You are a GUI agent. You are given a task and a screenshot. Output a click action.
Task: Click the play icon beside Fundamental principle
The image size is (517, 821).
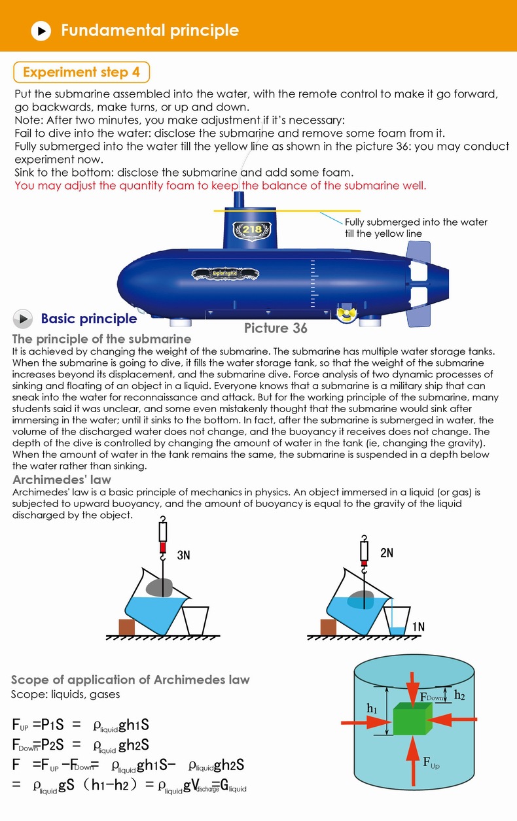coord(41,30)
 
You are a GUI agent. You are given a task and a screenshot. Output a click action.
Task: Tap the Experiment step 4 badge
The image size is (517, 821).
coord(82,72)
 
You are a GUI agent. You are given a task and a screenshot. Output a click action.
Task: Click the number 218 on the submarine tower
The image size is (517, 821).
coord(252,230)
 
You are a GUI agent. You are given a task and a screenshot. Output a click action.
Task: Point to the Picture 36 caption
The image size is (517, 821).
coord(276,328)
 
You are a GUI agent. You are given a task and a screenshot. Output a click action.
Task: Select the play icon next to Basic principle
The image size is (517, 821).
coord(23,319)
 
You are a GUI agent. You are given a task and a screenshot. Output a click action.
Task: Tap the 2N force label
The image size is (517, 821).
coord(386,553)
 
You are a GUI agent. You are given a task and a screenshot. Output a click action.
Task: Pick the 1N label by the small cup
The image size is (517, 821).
coord(418,627)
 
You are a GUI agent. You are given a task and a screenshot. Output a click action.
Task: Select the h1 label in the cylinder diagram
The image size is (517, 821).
coord(372,708)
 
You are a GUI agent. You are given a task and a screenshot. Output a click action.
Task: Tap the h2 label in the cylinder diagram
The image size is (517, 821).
coord(460,695)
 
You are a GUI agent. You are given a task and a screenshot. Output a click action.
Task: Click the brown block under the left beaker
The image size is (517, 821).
coord(126,627)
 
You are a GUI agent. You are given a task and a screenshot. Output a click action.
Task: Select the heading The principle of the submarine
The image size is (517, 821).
coord(101,339)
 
